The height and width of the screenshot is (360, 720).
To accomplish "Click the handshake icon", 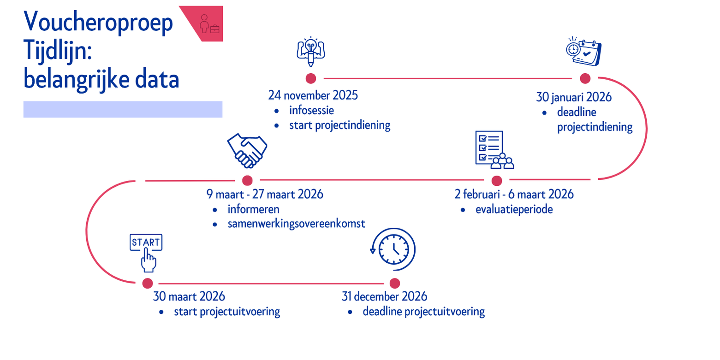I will tap(247, 150).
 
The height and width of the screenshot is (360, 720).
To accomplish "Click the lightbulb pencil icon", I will tap(311, 52).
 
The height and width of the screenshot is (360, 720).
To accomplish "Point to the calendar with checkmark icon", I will tap(584, 52).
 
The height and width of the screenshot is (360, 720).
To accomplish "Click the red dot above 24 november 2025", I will tap(311, 78).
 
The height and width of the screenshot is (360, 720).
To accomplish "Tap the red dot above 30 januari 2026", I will tap(585, 78).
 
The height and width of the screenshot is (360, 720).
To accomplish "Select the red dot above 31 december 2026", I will tap(394, 283).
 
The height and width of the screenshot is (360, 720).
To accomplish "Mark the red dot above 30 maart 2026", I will tap(148, 283).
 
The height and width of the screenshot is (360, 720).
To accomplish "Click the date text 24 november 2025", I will tap(313, 96).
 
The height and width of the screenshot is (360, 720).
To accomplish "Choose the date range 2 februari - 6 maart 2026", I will tap(514, 195).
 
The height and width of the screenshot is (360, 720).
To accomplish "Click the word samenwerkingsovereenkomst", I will tap(296, 224).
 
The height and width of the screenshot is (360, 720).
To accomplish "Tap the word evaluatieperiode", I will tap(514, 210).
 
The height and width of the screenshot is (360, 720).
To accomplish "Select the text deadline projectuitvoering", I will tap(423, 312).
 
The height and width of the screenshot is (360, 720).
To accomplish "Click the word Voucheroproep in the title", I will tap(98, 22).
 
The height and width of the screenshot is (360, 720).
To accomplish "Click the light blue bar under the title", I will tap(123, 109).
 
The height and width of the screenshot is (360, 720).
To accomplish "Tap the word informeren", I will tap(253, 210).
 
